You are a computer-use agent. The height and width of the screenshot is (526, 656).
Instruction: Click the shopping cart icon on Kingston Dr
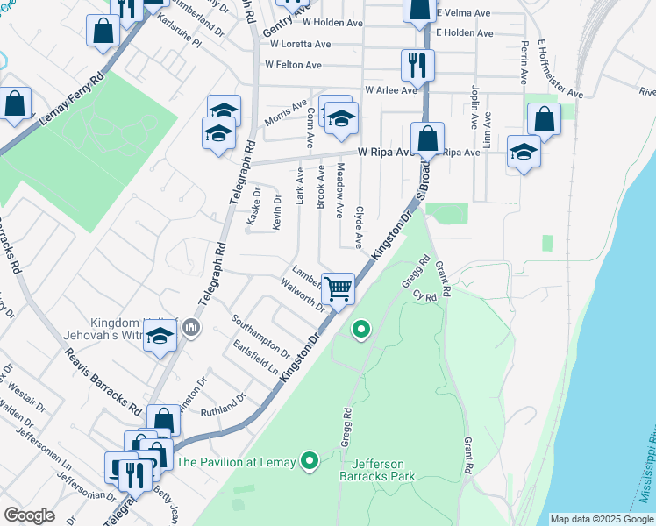(x=338, y=288)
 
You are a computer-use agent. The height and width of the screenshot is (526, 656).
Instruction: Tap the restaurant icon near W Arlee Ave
(x=417, y=64)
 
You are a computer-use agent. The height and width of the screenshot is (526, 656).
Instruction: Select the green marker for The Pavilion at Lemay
(x=309, y=460)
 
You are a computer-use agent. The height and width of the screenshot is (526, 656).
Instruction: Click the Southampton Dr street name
(x=261, y=336)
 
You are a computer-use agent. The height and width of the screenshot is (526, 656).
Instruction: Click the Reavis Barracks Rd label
(x=103, y=381)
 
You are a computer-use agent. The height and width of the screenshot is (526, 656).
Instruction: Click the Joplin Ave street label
(x=473, y=103)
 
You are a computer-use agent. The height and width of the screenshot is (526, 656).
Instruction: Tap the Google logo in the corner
(x=30, y=515)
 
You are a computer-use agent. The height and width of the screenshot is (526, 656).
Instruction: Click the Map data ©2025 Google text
(x=601, y=519)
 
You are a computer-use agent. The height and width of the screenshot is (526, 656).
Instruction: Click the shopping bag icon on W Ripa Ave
(x=427, y=138)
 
